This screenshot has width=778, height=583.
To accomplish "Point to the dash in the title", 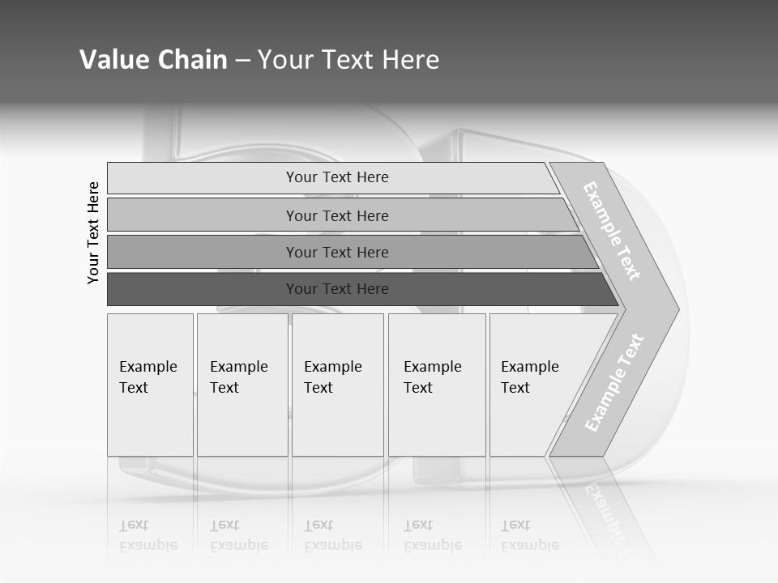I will click(242, 61).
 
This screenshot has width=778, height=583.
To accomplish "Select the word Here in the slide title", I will click(409, 60).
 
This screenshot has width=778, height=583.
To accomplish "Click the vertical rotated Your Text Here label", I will click(93, 232).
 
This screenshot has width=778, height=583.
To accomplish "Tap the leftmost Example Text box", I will click(150, 385).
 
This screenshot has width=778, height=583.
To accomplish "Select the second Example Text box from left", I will click(242, 385).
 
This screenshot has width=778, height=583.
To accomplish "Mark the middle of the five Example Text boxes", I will click(337, 385).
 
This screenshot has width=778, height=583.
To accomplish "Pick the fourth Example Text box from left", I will click(436, 385).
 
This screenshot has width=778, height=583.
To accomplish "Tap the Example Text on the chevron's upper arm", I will click(612, 231).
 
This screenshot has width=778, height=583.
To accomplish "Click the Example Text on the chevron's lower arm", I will click(614, 382).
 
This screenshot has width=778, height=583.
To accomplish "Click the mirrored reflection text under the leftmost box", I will click(148, 535).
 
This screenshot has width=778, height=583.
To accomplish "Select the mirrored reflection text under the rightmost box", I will click(529, 535).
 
